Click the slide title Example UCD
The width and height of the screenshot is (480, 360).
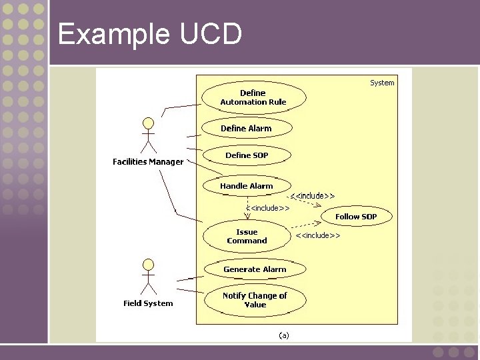(149, 33)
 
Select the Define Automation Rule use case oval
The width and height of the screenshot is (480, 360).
(253, 97)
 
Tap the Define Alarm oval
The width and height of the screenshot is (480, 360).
(246, 128)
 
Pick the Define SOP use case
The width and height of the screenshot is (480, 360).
(247, 155)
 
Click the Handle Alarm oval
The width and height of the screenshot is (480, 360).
(246, 186)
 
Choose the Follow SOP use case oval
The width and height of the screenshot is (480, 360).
(356, 216)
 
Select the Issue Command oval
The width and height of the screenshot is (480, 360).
(247, 237)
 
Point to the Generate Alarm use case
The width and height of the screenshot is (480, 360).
(255, 269)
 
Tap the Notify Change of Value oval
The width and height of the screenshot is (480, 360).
(255, 300)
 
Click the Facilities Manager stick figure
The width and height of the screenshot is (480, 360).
(148, 137)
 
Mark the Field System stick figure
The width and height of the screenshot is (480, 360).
(148, 277)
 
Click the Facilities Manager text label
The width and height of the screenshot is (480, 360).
(148, 162)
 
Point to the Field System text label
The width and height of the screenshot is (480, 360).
(148, 303)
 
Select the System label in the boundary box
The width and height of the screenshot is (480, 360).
(382, 83)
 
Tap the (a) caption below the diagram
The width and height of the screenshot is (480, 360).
(284, 335)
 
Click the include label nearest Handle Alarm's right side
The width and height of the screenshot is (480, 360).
(313, 195)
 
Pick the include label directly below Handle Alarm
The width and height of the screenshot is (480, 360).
(267, 208)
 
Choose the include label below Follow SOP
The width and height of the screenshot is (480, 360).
(318, 235)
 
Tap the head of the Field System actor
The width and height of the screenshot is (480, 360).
(148, 265)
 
